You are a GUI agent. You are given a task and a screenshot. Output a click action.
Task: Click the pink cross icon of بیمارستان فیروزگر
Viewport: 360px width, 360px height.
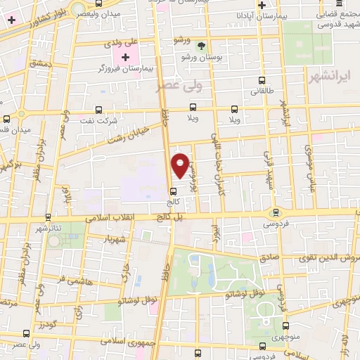125,57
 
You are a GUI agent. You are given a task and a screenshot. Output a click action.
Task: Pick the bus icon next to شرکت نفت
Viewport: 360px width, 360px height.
98,110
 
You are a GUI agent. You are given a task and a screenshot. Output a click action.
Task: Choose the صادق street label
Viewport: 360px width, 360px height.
270,257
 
